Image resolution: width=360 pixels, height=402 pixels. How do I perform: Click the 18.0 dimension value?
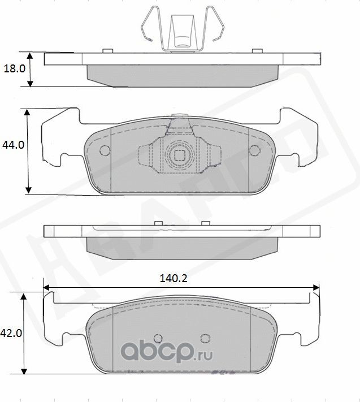tap(13, 69)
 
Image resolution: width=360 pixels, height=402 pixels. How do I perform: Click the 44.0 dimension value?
tap(12, 145)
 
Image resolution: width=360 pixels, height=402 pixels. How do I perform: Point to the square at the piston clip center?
tap(180, 155)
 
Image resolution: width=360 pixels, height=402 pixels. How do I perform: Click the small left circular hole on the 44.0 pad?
tap(103, 151)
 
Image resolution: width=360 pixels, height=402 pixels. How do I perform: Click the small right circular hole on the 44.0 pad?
tap(255, 150)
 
